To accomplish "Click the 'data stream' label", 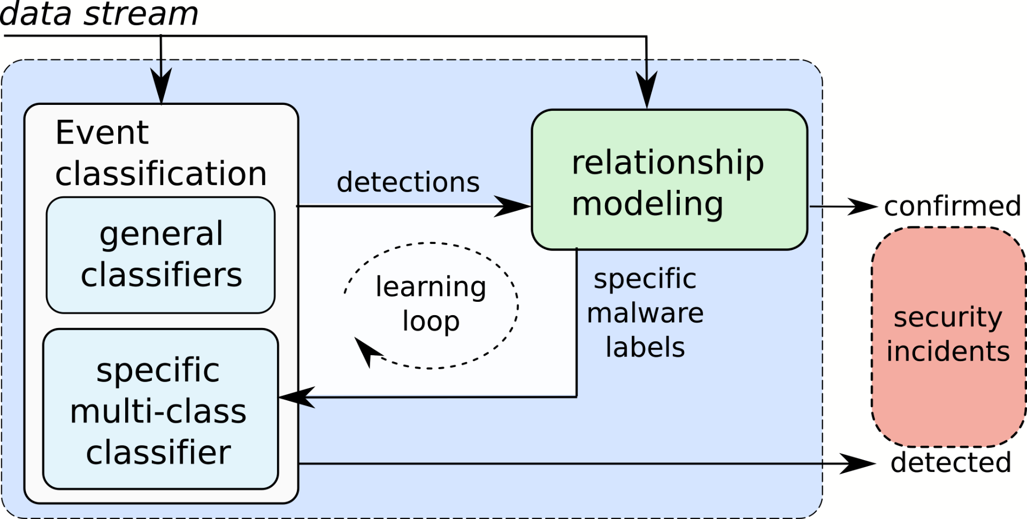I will (x=99, y=14).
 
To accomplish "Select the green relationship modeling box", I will (x=669, y=180).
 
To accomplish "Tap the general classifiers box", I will (x=160, y=255).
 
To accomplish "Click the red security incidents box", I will (x=948, y=336).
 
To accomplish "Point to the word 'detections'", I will (x=408, y=182).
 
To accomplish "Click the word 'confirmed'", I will (x=952, y=206).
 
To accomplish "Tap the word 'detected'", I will (x=951, y=462).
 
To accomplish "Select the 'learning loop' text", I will (x=431, y=303).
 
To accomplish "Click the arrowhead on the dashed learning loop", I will (x=366, y=350).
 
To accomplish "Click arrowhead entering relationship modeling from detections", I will (x=513, y=206).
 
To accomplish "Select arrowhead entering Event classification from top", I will (x=161, y=86).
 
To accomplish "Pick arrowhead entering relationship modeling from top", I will (x=647, y=90).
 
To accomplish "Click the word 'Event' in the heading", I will (x=102, y=133).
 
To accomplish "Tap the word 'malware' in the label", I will (x=645, y=313).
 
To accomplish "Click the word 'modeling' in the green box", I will (x=647, y=204).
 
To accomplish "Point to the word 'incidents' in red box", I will (x=948, y=352).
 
